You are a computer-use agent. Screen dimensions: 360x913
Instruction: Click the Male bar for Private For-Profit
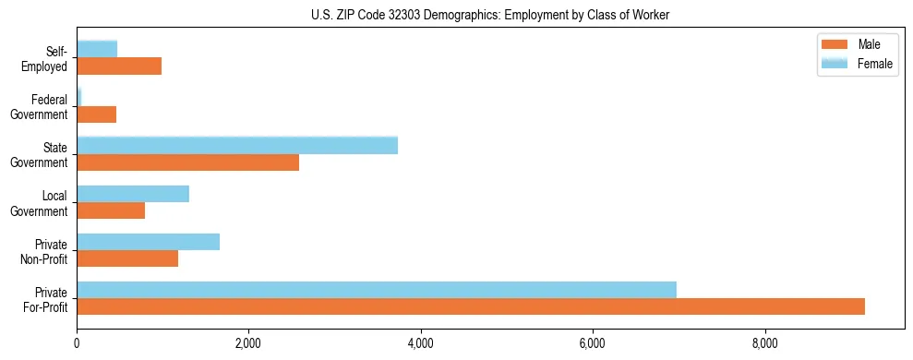tap(471, 306)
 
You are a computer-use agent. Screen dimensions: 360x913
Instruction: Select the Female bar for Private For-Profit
tap(377, 290)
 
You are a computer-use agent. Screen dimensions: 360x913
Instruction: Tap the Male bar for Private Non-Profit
tap(127, 258)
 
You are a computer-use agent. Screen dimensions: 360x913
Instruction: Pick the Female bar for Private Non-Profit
tap(148, 242)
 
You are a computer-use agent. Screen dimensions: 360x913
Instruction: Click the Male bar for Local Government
tap(111, 210)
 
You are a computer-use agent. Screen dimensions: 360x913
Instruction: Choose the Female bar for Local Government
tap(133, 194)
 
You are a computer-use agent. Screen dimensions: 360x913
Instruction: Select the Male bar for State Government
tap(187, 162)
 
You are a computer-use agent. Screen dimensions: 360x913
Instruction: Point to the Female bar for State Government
tap(237, 145)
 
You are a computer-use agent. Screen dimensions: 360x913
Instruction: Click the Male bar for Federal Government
tap(96, 114)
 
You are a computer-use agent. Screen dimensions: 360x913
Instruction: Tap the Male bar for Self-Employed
tap(119, 66)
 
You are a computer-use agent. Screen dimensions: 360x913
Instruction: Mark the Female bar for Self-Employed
tap(97, 49)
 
